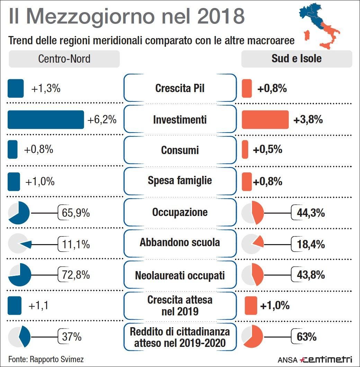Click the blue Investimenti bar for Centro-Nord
click(x=46, y=119)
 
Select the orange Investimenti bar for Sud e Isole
click(x=265, y=119)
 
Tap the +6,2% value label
click(x=102, y=120)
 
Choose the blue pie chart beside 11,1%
click(x=19, y=244)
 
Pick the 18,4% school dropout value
click(x=310, y=244)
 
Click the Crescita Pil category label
click(x=180, y=88)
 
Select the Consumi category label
click(x=180, y=150)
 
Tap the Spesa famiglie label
click(x=180, y=180)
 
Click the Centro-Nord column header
click(x=64, y=59)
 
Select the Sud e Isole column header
click(x=296, y=59)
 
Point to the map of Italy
click(x=319, y=26)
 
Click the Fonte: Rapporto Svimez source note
click(x=46, y=359)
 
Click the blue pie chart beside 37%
click(x=19, y=337)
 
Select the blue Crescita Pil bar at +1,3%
click(x=16, y=88)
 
